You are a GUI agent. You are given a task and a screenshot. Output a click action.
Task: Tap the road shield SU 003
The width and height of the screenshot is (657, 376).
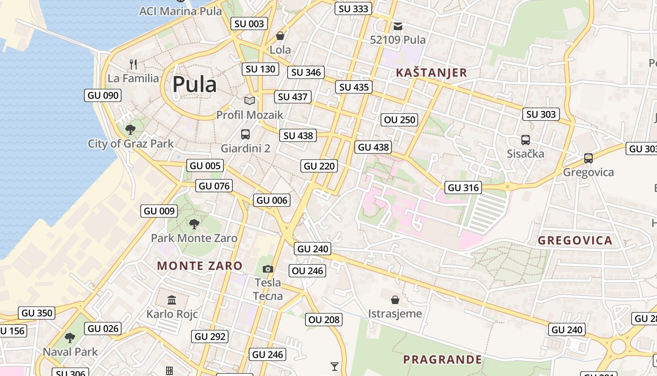pos(250,23)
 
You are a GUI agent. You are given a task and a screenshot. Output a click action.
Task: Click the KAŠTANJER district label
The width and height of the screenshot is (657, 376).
pos(431,72)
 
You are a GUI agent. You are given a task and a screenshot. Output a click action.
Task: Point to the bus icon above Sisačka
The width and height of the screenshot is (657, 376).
pos(525,140)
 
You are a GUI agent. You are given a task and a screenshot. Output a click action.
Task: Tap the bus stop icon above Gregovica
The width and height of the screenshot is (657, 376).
pos(588,158)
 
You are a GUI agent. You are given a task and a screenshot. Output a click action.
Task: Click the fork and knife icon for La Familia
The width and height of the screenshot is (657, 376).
pos(133,64)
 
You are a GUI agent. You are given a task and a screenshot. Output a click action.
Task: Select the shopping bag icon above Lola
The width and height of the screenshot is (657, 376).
pos(280,36)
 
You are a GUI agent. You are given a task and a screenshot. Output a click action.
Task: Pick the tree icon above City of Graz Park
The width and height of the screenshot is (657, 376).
pos(130,129)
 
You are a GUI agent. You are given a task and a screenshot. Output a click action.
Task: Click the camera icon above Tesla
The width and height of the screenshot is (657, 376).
pos(268,269)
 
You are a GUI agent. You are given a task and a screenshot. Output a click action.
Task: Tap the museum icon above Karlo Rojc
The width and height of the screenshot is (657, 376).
pos(172,300)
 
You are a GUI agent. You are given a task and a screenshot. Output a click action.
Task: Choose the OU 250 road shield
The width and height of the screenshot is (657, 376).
pos(400,120)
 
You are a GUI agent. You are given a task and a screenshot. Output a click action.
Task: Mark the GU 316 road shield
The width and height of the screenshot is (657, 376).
pos(464,188)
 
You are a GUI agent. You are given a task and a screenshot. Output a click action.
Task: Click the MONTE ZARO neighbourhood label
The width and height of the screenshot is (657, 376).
pos(199,266)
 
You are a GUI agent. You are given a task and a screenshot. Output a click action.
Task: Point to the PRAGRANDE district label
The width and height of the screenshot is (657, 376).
pos(442,360)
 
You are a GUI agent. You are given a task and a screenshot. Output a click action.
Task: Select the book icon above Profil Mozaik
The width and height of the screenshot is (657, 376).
pos(250,101)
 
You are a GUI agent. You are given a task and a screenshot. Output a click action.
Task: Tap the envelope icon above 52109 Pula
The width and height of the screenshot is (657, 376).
pos(398,26)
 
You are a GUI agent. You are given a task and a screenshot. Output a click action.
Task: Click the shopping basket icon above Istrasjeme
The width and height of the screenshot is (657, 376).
pos(395,299)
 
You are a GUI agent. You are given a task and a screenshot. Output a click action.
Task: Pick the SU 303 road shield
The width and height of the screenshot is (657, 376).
pos(541,114)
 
